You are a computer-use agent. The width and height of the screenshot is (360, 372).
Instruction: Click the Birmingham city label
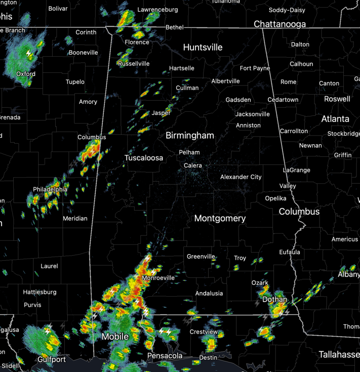click(x=190, y=136)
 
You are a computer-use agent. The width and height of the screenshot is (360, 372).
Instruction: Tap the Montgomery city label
click(x=220, y=219)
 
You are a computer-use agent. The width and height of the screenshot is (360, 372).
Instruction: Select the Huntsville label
click(x=203, y=47)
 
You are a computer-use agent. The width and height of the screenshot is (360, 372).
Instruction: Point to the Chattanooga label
click(x=279, y=24)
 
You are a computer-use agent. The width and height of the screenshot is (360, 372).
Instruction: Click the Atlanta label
click(x=335, y=119)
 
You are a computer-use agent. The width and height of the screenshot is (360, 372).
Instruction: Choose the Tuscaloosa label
click(x=144, y=158)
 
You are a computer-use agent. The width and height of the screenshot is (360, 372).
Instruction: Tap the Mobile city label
click(x=115, y=337)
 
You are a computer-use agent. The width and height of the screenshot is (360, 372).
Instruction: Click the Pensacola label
click(x=165, y=356)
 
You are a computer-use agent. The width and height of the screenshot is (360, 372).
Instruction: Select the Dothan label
click(x=274, y=300)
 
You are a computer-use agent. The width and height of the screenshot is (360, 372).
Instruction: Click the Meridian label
click(x=75, y=219)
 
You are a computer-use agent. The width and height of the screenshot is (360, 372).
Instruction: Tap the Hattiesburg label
click(x=39, y=292)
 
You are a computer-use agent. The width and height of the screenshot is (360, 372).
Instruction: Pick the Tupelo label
click(x=75, y=82)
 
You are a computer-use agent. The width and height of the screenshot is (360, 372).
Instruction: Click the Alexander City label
click(x=241, y=177)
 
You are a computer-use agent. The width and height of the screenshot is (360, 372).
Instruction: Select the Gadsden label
click(x=238, y=100)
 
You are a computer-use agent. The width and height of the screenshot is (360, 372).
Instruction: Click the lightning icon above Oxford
click(x=29, y=53)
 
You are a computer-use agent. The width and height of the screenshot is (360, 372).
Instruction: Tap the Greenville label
click(x=201, y=257)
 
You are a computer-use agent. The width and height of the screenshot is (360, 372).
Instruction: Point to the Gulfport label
click(x=52, y=359)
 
